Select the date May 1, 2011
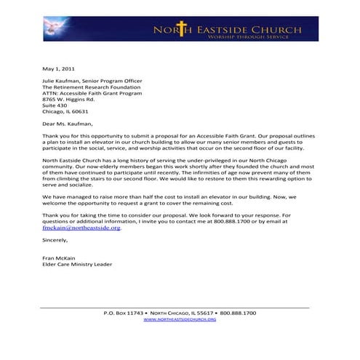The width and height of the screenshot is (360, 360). pos(59,67)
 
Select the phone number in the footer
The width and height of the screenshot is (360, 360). pos(237,313)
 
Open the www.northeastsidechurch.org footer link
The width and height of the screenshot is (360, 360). pos(180,319)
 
